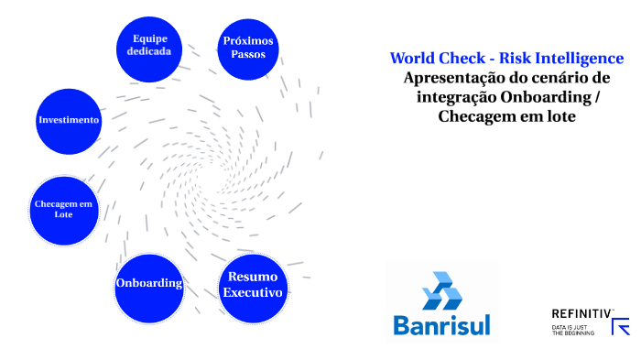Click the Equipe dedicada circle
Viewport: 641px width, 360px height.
point(149,45)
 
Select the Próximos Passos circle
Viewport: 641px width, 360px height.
point(248,48)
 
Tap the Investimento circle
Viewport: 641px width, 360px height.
point(69,120)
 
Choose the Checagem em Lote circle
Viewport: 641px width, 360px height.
point(63,209)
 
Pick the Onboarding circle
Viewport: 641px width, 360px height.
point(149,284)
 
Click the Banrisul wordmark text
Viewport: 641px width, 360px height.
point(441,324)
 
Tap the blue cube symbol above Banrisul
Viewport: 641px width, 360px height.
point(441,291)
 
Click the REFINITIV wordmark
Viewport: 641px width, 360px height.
point(581,314)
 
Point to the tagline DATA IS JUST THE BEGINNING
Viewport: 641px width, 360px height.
point(572,330)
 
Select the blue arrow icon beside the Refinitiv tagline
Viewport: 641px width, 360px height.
point(620,327)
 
